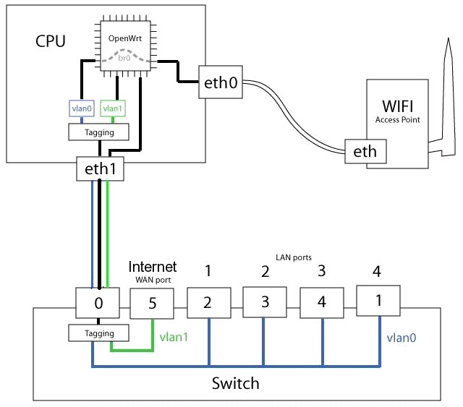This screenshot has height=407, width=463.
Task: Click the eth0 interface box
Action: pos(221,82)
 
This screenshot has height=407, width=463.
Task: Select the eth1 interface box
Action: pos(100,168)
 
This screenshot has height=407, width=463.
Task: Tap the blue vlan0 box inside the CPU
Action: pos(82,108)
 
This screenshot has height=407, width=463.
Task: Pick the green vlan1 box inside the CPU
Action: pos(113,108)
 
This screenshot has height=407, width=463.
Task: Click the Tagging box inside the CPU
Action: pos(98,132)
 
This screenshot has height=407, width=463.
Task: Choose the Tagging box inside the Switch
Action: pos(98,333)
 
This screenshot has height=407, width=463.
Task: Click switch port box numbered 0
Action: pos(98,303)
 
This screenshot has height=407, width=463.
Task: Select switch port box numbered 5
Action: pos(152,304)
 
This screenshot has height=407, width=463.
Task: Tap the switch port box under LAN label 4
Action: pos(378,301)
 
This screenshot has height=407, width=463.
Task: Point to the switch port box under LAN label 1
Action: pos(209,303)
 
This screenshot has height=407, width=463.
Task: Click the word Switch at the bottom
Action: pos(235,383)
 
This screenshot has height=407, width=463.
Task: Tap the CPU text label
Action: pos(51,41)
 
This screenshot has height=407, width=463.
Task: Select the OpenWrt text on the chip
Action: pos(125,38)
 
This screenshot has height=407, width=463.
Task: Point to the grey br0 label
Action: pos(124,58)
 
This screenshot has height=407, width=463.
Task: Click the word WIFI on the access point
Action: pos(397,106)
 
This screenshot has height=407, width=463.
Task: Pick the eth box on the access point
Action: pos(365,151)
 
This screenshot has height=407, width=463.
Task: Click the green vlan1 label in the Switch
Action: pos(174,338)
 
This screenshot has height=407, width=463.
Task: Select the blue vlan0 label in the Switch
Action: pos(402,338)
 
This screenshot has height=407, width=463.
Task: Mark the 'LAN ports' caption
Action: pos(294,257)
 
